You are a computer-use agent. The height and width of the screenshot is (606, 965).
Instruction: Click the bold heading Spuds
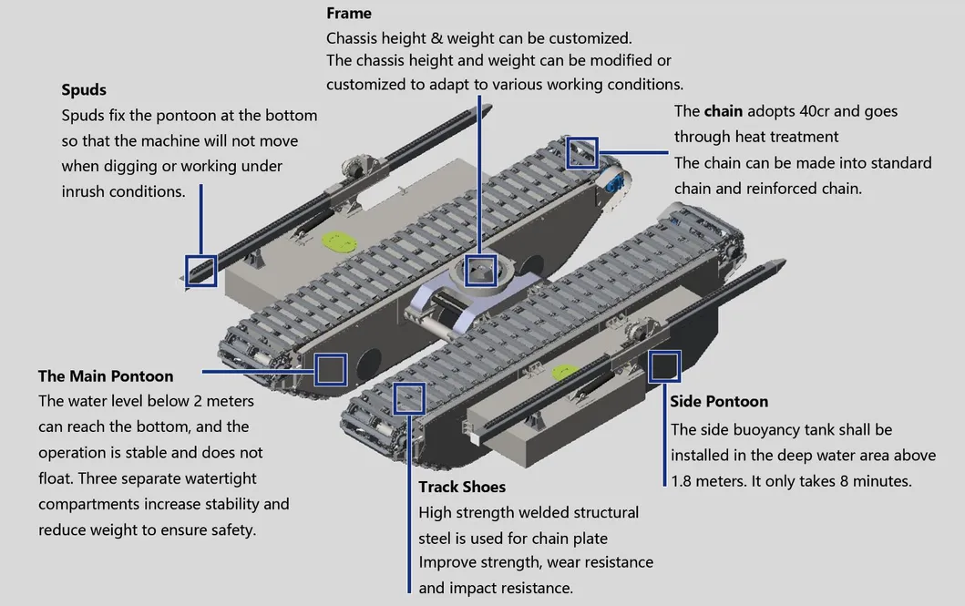[84, 90]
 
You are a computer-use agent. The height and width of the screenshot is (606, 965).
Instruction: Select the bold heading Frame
[349, 14]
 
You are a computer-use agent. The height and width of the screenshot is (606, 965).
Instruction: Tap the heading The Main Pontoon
[106, 375]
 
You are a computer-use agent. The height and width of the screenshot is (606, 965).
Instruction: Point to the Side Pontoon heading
[719, 401]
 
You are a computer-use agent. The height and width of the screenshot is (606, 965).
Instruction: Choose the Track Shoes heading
[462, 487]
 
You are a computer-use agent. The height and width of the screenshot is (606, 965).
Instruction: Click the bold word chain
[724, 111]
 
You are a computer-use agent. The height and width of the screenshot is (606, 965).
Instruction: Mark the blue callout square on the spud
[201, 271]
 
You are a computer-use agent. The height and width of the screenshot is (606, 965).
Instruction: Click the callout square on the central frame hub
[480, 271]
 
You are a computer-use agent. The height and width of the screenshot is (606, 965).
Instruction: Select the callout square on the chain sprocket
[582, 152]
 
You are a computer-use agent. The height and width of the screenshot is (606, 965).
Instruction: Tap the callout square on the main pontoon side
[330, 369]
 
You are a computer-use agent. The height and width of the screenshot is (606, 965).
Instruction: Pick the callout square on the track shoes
[410, 398]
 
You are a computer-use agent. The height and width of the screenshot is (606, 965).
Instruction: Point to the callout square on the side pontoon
[664, 365]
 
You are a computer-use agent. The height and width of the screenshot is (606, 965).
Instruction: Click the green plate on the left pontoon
[338, 242]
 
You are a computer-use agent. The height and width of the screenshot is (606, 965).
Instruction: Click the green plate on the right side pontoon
[564, 371]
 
